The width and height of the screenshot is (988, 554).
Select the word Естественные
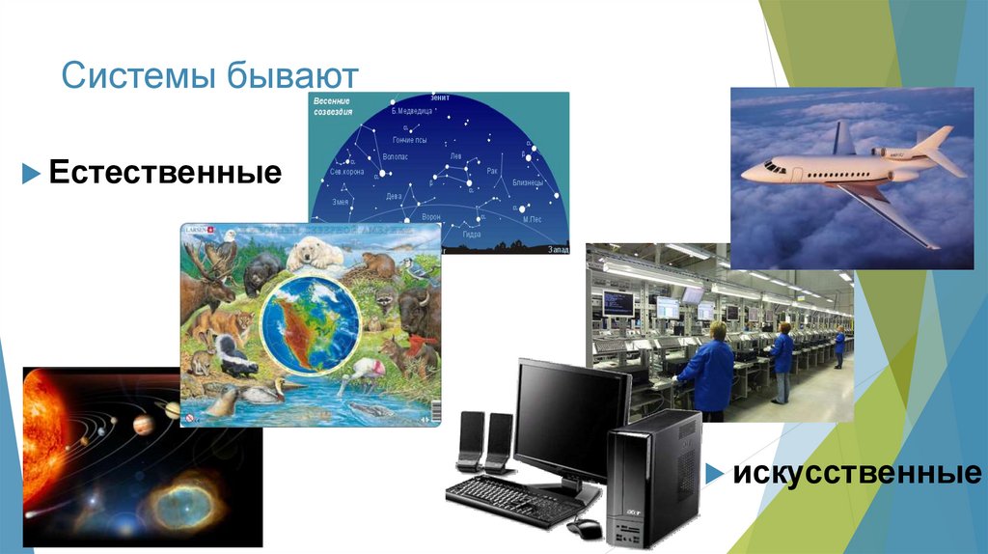point(165,174)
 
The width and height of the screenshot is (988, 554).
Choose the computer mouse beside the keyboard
point(585,527)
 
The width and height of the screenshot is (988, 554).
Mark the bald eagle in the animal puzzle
point(225,253)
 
